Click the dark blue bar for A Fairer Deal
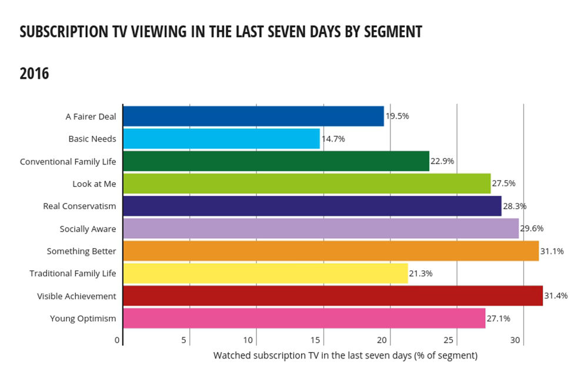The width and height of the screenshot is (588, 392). point(253,116)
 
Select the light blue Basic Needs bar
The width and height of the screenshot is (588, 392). point(221,139)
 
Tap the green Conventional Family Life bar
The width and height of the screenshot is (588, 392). point(276,161)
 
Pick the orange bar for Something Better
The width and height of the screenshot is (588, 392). point(330,251)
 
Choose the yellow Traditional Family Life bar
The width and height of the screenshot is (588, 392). point(265,273)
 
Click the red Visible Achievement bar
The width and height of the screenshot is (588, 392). point(332,296)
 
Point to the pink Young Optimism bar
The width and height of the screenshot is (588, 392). point(304,318)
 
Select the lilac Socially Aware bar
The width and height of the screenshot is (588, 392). point(320,229)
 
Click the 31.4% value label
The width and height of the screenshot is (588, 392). point(556,296)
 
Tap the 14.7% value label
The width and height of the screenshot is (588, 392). point(333,139)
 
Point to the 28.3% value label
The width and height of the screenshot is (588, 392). point(514,206)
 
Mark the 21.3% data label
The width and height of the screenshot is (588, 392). point(420,273)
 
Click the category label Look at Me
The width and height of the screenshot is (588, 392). point(94,184)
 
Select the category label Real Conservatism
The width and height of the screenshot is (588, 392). point(79,206)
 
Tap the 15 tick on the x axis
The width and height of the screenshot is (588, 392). point(316,340)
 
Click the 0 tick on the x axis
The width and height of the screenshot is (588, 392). point(118,340)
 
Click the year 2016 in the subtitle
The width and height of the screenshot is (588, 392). point(34,74)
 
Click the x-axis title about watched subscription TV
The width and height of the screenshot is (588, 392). point(345,356)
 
